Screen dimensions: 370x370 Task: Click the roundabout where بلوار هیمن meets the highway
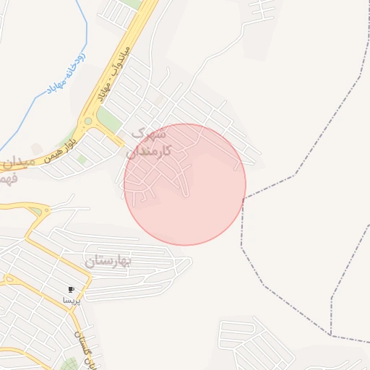pos(88,121)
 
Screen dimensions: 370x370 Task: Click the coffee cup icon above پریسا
pos(71,289)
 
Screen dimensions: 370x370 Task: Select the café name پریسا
pos(70,299)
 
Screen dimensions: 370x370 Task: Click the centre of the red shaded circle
pos(185,184)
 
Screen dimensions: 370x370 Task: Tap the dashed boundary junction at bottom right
pos(332,336)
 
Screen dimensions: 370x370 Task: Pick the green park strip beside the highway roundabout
pos(108,119)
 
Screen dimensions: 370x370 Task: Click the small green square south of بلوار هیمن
pos(82,159)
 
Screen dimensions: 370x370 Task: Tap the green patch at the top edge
pos(132,4)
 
